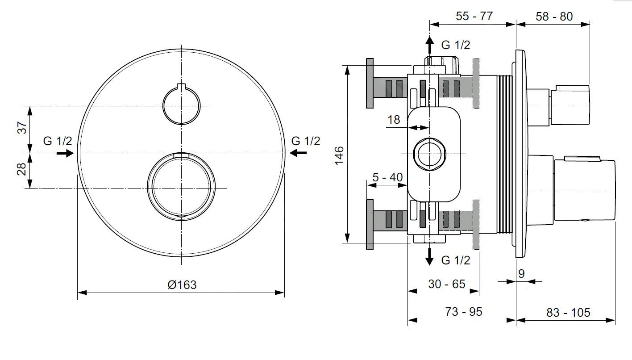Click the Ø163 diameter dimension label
point(182,285)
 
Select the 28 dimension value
point(23,170)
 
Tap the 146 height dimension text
point(340,155)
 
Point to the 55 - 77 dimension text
point(474,16)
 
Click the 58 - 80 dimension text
point(554,16)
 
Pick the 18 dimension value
point(394,120)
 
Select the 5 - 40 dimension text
point(387,177)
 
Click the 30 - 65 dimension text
point(447,284)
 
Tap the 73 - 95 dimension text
point(464,312)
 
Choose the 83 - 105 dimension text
point(568,312)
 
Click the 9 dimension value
point(521,274)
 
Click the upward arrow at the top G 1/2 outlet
point(429,45)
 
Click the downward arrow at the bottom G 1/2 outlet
point(429,256)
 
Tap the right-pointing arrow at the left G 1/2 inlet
point(65,153)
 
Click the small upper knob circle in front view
point(181,106)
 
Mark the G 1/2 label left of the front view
point(58,141)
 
